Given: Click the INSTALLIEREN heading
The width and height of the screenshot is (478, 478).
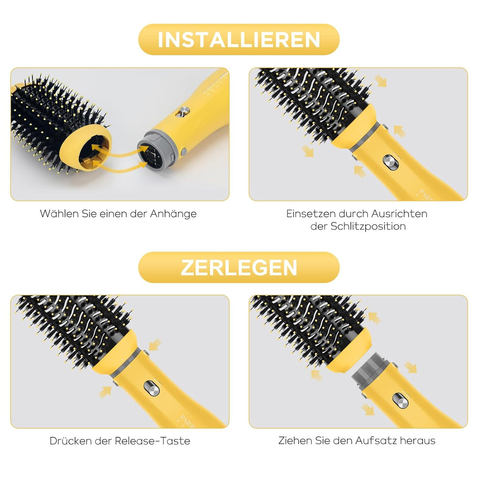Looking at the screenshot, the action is click(239, 40).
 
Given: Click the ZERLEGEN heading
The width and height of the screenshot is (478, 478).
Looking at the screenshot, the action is click(239, 268).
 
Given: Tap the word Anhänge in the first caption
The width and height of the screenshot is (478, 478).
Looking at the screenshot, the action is click(173, 214).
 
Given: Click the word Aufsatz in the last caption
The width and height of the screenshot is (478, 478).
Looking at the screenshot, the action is click(376, 440).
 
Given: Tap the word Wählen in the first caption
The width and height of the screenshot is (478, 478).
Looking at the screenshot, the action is click(59, 213).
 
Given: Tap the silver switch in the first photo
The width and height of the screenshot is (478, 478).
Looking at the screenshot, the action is click(183, 112).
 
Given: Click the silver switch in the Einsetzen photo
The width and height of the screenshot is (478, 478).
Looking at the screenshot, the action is click(390, 162).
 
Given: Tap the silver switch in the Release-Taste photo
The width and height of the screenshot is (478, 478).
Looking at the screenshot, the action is click(151, 389).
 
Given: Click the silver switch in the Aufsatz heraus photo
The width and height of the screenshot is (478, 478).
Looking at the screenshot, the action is click(400, 400).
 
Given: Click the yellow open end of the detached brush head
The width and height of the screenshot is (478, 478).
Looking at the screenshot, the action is click(86, 148).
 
